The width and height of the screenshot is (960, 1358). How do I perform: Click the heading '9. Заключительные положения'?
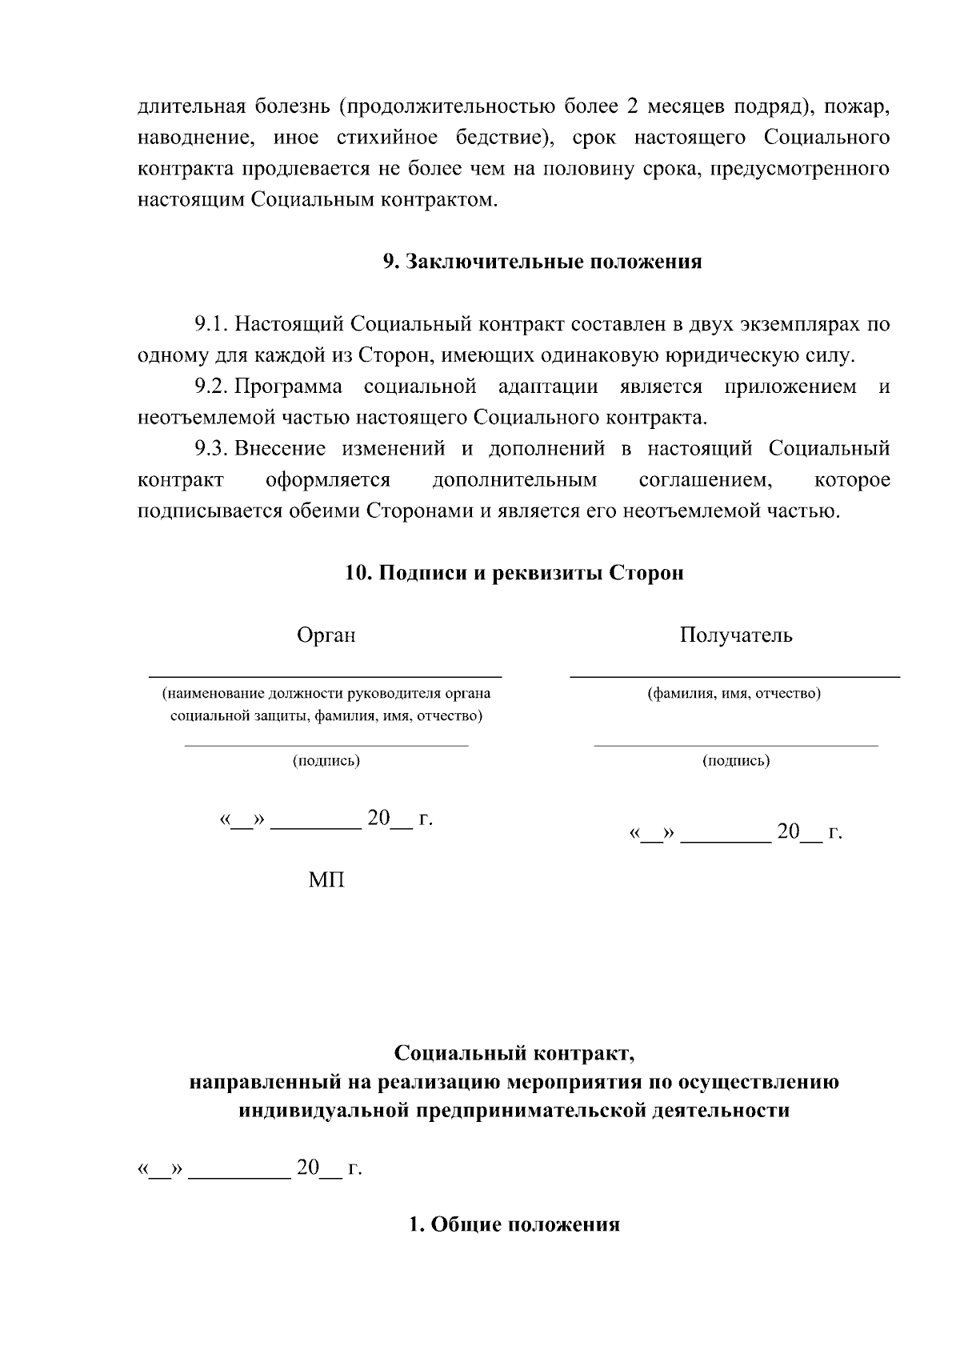coord(542,262)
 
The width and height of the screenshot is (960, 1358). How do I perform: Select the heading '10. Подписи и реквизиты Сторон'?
coord(514,573)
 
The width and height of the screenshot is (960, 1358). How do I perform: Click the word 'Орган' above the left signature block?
coord(326,635)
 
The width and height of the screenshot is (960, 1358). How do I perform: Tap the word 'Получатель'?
coord(736,635)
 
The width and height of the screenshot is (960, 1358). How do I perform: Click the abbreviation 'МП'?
coord(326,880)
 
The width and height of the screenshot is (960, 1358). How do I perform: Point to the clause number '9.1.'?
coord(212,324)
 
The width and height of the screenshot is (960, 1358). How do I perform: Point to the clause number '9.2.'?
coord(212,387)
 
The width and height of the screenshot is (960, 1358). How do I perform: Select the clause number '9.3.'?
coord(212,449)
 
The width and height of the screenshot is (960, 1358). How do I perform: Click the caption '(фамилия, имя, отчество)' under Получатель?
coord(734,694)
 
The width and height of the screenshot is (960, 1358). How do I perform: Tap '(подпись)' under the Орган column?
coord(326,761)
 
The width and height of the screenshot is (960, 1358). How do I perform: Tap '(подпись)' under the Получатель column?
coord(736,761)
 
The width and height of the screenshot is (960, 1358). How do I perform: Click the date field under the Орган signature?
coord(326,819)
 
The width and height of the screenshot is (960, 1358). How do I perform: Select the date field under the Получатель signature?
coord(736,833)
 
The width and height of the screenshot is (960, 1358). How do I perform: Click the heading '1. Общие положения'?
coord(514,1224)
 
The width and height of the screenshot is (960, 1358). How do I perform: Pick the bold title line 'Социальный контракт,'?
coord(514,1052)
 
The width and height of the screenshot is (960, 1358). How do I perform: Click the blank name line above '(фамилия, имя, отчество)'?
coord(734,676)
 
